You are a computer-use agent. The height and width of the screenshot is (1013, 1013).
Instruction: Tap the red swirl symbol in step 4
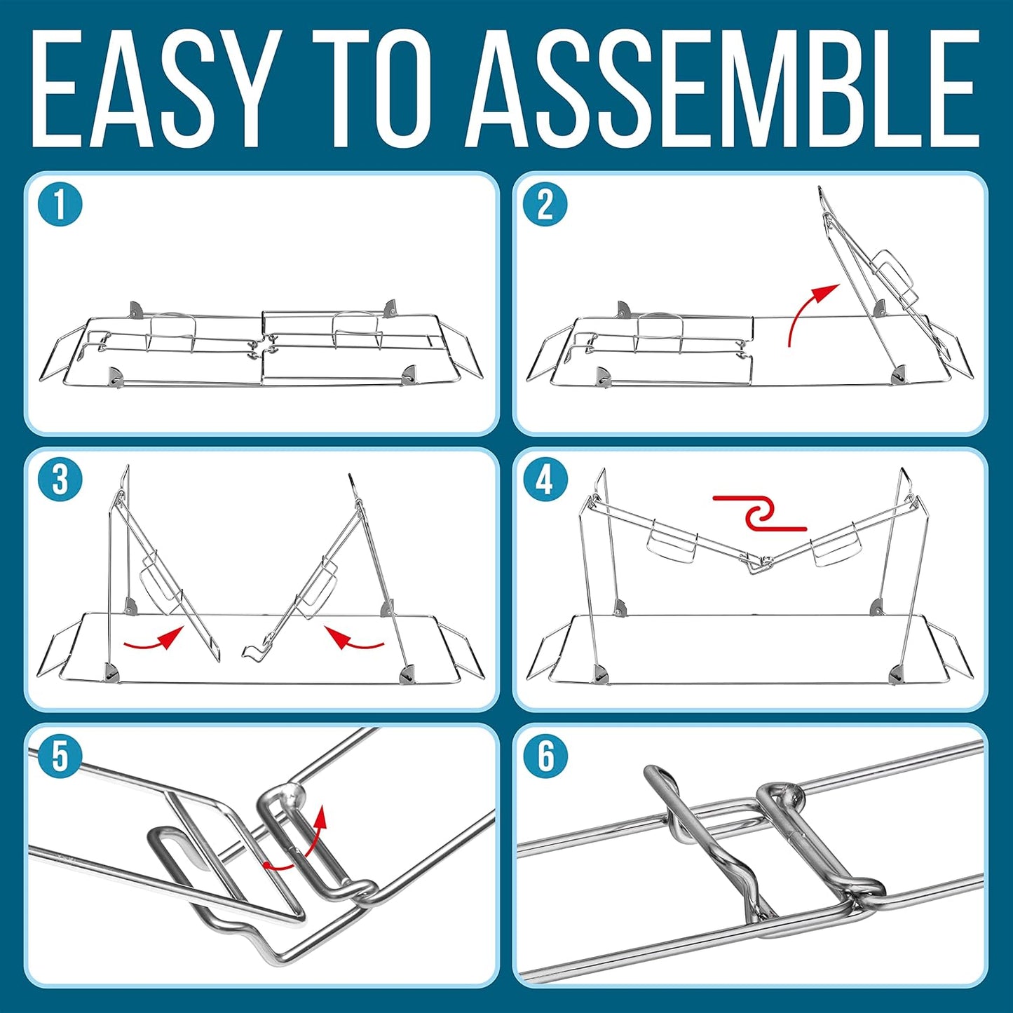(759, 512)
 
